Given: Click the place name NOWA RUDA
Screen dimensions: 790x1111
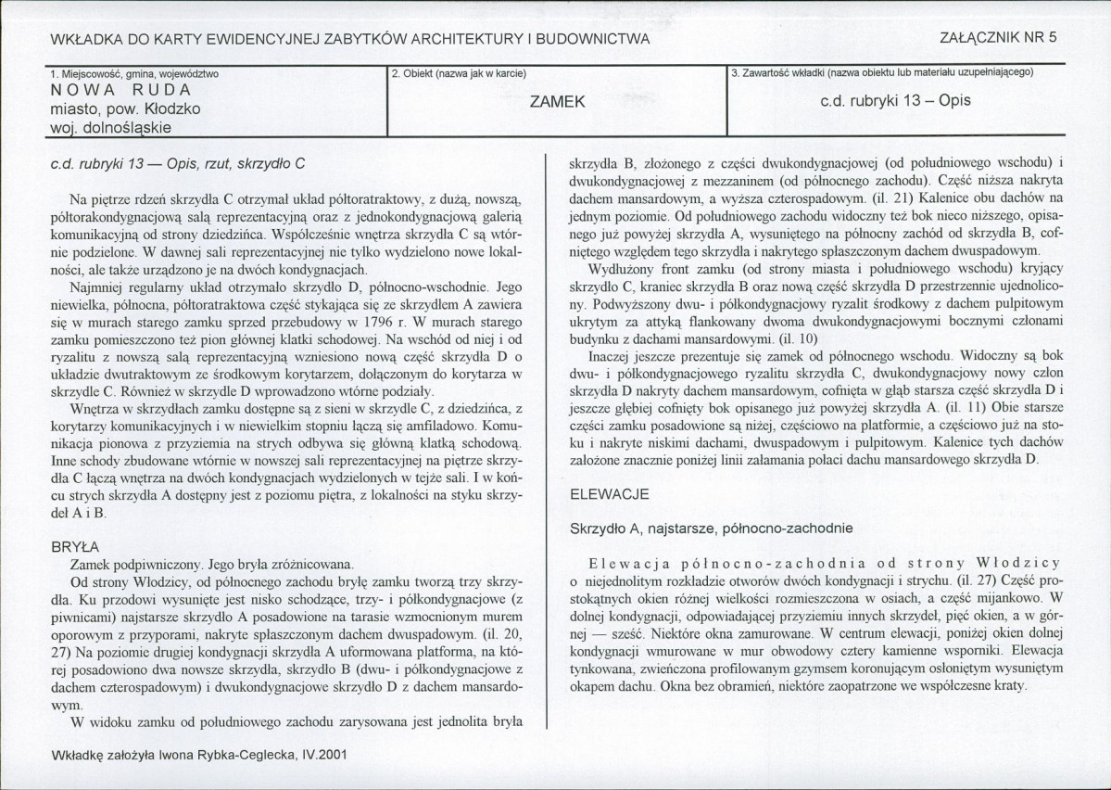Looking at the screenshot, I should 121,90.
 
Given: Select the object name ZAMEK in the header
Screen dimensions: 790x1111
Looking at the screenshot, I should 556,101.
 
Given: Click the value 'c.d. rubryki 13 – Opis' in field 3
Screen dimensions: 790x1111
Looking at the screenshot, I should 895,100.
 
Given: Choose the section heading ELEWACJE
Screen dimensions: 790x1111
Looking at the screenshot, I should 608,496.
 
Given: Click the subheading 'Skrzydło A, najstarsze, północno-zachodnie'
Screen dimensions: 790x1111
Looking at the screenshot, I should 711,528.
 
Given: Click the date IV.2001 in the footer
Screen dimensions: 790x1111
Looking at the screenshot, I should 319,756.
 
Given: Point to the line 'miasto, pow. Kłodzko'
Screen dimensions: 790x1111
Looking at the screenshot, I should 125,108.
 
